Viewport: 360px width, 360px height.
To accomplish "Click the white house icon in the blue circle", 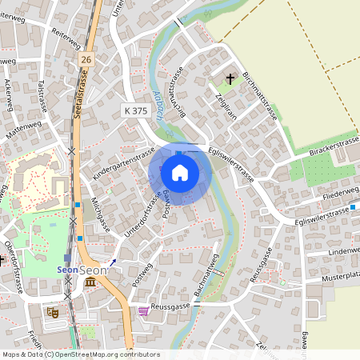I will click(x=180, y=172).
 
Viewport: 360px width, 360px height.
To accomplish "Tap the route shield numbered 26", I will click(x=86, y=60).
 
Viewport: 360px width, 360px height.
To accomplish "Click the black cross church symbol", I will click(x=231, y=79).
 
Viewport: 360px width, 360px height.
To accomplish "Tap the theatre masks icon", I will click(x=54, y=311).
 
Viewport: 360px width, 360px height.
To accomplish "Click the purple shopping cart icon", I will click(x=143, y=310).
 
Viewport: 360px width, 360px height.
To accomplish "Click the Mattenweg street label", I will click(x=23, y=129).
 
